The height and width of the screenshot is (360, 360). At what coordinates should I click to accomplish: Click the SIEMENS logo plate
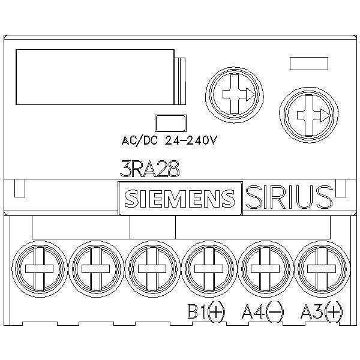[x=180, y=199]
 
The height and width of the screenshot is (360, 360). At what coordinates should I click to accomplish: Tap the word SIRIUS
[x=289, y=197]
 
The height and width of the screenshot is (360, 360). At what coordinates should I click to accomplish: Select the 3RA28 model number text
[x=149, y=169]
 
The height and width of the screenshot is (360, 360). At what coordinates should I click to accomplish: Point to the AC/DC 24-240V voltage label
[x=169, y=140]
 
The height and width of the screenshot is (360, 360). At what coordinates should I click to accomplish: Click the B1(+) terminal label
[x=206, y=312]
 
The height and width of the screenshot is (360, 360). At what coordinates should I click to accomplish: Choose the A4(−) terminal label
[x=263, y=312]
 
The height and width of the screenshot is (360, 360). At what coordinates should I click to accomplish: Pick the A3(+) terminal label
[x=322, y=312]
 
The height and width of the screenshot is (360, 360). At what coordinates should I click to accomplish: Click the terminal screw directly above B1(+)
[x=208, y=269]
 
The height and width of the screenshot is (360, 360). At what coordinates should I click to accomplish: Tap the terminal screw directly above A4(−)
[x=265, y=269]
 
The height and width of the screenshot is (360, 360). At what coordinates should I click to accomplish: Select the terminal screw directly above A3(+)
[x=322, y=269]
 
